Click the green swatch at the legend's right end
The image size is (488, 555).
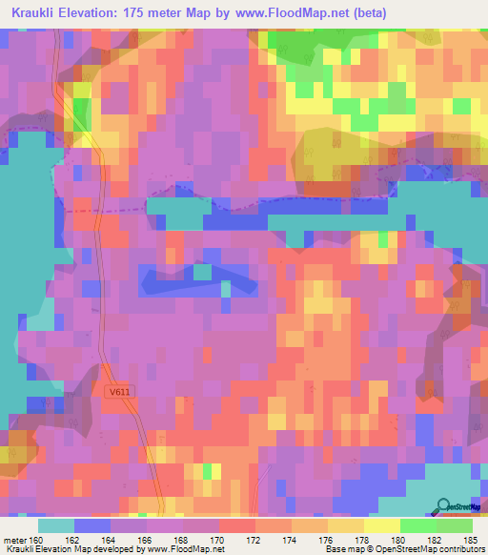(454, 526)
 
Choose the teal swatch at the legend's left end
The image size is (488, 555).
(56, 526)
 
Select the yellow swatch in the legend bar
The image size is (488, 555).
(381, 526)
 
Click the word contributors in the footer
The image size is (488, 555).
(461, 549)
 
